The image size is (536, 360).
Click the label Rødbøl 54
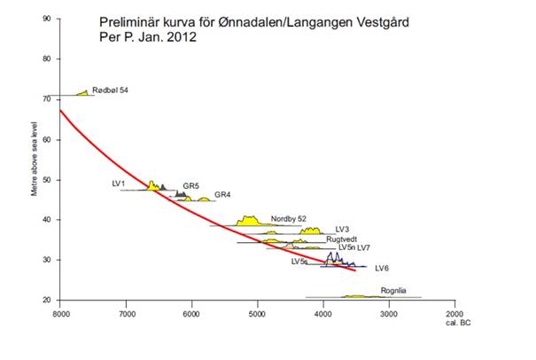point(111,90)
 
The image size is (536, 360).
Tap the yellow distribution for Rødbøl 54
point(84,92)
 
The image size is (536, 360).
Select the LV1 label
point(119,183)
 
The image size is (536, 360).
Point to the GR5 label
point(191,186)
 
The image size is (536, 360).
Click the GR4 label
point(222,194)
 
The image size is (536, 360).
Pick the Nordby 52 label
point(289,219)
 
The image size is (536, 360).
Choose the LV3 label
point(343,230)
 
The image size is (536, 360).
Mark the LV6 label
point(383,268)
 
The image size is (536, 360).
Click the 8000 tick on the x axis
point(60,314)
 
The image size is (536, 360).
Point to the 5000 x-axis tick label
point(257,314)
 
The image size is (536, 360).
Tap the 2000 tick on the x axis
point(454,314)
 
